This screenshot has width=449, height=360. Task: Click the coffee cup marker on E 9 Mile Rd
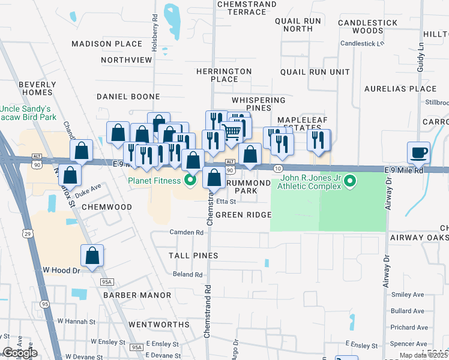click(x=418, y=153)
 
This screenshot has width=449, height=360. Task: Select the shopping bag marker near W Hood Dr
click(x=92, y=256)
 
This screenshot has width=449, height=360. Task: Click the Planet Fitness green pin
click(x=190, y=179)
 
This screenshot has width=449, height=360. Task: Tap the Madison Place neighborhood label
click(x=107, y=44)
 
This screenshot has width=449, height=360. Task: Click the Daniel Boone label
click(x=128, y=97)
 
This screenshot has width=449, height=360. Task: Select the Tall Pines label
click(x=193, y=256)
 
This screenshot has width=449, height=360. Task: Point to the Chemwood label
click(x=106, y=207)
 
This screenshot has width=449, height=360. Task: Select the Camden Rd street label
click(x=187, y=232)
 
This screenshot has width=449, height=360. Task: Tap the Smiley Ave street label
click(x=408, y=295)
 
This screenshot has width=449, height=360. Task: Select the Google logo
click(x=20, y=353)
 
